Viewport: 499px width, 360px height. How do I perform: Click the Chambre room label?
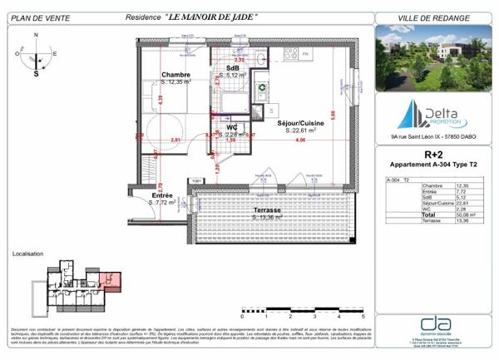pyautogui.click(x=175, y=75)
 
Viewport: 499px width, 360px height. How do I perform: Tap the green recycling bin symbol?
pyautogui.click(x=260, y=86)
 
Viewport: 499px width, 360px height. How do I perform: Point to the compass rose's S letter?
pyautogui.click(x=37, y=73)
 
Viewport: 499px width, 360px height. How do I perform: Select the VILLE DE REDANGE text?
pyautogui.click(x=432, y=17)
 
